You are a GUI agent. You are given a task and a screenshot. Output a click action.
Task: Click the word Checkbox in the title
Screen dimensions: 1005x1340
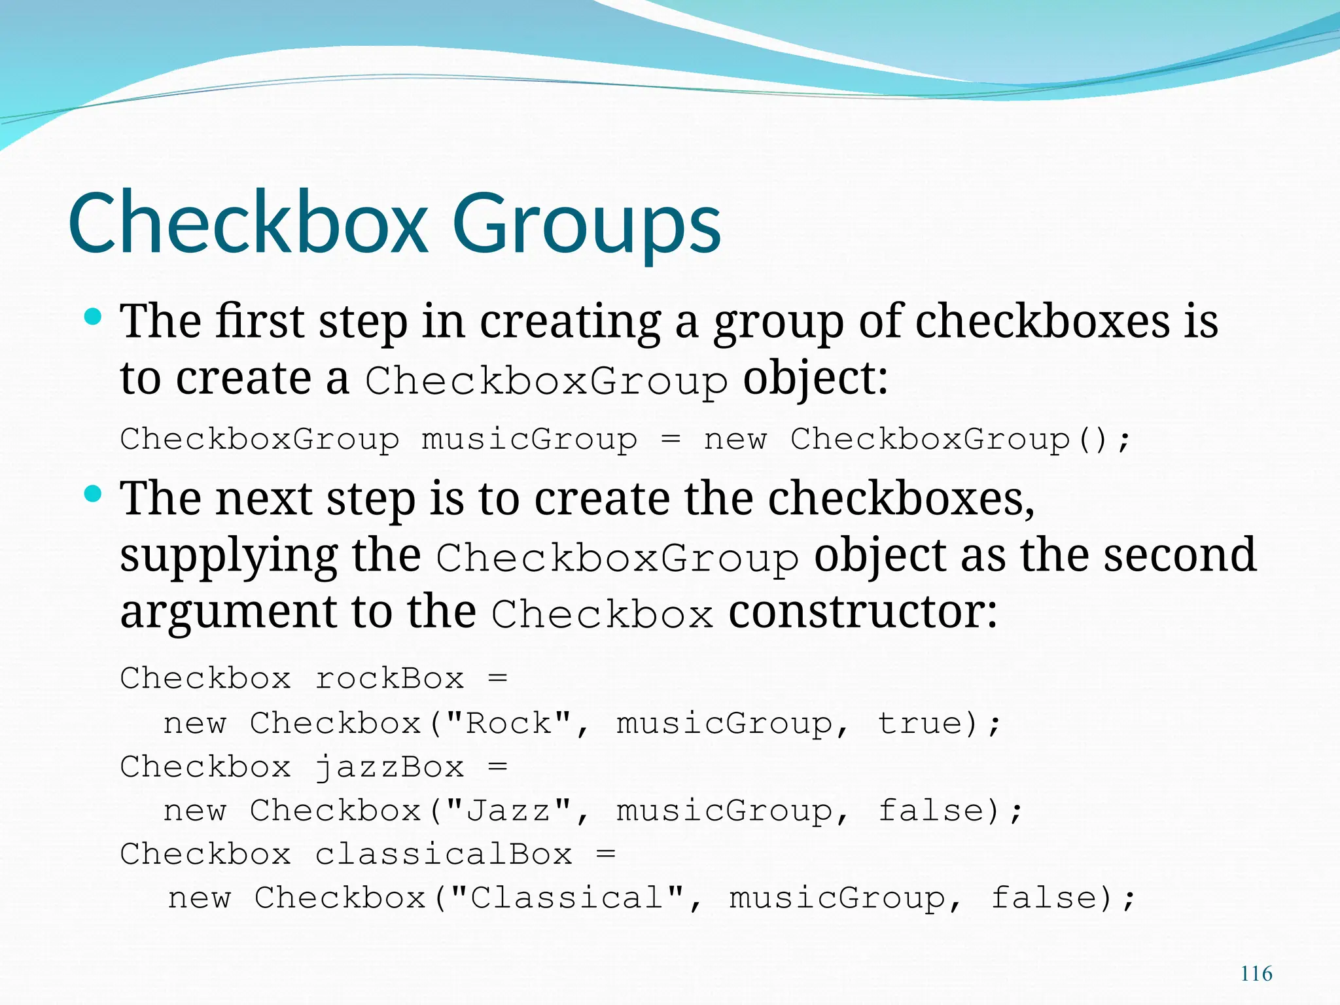pos(249,222)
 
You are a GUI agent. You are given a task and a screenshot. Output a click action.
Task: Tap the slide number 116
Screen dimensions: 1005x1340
pos(1256,974)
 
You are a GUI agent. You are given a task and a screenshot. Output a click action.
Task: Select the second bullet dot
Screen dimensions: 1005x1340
pos(94,494)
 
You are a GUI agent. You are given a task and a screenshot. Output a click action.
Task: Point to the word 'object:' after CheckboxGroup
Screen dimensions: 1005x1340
pos(815,379)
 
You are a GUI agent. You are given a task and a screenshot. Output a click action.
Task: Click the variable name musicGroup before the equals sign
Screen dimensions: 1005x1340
pos(529,439)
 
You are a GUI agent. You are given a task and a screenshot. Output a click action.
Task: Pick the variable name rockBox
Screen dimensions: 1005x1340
pos(389,679)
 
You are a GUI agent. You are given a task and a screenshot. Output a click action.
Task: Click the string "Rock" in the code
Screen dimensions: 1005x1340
pos(508,724)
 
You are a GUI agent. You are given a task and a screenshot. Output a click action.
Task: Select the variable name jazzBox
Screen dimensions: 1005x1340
pos(389,767)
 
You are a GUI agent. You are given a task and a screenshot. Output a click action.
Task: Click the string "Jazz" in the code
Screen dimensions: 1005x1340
pos(508,811)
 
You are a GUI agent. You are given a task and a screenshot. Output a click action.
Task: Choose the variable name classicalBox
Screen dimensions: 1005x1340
pos(444,855)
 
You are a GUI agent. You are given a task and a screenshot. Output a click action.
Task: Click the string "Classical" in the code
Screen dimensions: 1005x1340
pos(567,898)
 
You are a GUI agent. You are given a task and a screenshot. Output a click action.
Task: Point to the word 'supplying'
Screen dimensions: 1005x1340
pos(228,556)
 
